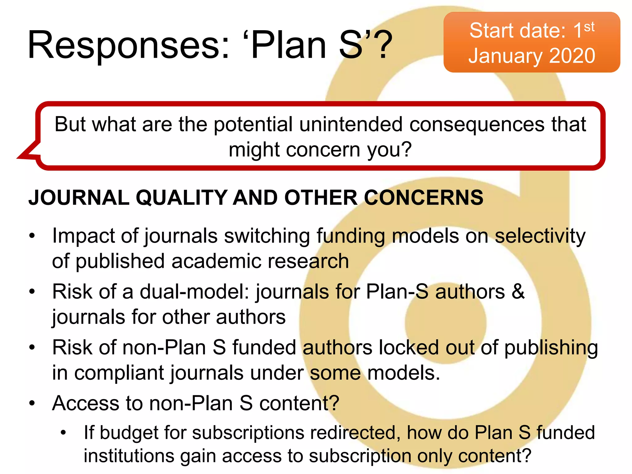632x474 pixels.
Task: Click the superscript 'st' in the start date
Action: [x=589, y=27]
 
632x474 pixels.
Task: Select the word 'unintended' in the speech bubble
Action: [x=351, y=124]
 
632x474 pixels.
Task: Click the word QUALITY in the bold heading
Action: [x=182, y=197]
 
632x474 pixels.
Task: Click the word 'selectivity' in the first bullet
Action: [x=540, y=236]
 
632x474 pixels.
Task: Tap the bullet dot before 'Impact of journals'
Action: [x=32, y=236]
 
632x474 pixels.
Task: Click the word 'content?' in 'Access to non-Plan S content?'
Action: [x=299, y=403]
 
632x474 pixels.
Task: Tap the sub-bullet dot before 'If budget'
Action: [x=63, y=433]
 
